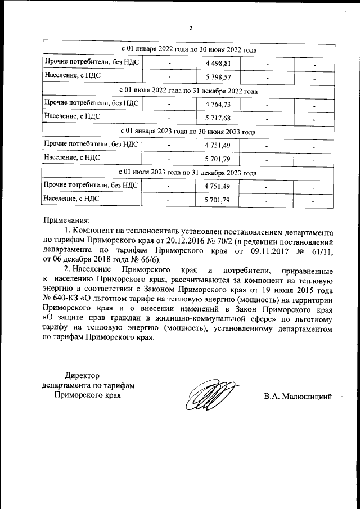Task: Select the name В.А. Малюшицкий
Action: click(298, 397)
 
